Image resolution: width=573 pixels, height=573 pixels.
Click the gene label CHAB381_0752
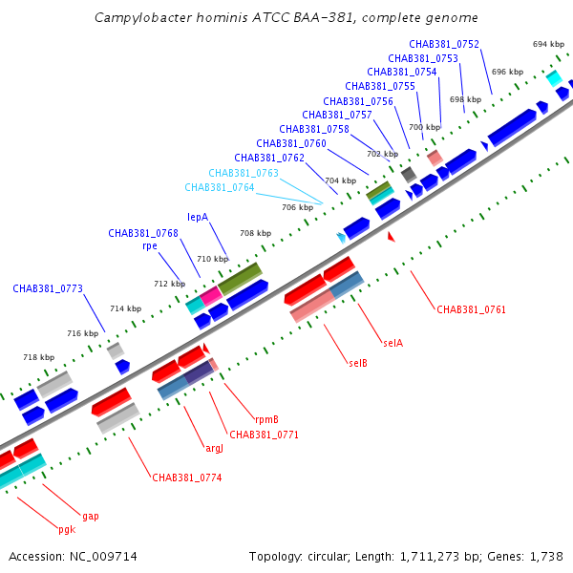[444, 44]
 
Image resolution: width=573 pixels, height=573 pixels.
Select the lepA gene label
[198, 217]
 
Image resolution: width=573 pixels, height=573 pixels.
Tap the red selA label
[393, 343]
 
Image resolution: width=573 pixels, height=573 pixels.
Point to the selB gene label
[358, 363]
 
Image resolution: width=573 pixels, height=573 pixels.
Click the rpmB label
[266, 419]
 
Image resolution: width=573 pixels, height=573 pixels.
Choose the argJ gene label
[215, 449]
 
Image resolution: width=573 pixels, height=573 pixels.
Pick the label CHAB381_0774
[187, 477]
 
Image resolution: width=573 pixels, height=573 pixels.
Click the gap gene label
[91, 517]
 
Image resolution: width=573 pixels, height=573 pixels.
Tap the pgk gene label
[67, 529]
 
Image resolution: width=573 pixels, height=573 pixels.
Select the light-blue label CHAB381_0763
[244, 173]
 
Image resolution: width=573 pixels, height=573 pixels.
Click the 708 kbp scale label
[255, 233]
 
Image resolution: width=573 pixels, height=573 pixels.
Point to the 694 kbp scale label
[548, 44]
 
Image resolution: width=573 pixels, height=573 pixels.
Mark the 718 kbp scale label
[39, 357]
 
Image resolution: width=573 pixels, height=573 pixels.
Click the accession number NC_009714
[103, 557]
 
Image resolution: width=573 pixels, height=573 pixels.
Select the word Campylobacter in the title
[143, 17]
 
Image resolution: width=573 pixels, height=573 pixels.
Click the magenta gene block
[211, 296]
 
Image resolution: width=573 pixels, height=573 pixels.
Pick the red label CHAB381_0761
[472, 309]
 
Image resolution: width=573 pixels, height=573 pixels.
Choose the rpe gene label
[150, 246]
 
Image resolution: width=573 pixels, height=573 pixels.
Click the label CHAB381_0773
[48, 288]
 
